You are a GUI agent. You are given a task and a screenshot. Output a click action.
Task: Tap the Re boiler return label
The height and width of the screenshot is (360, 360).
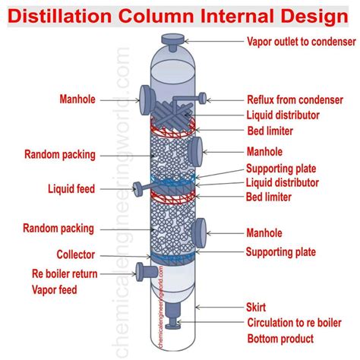click(x=65, y=273)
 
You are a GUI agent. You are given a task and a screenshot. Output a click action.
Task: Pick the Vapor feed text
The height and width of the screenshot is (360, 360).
click(x=54, y=289)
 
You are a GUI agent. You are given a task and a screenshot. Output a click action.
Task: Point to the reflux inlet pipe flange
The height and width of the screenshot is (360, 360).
click(x=202, y=96)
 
